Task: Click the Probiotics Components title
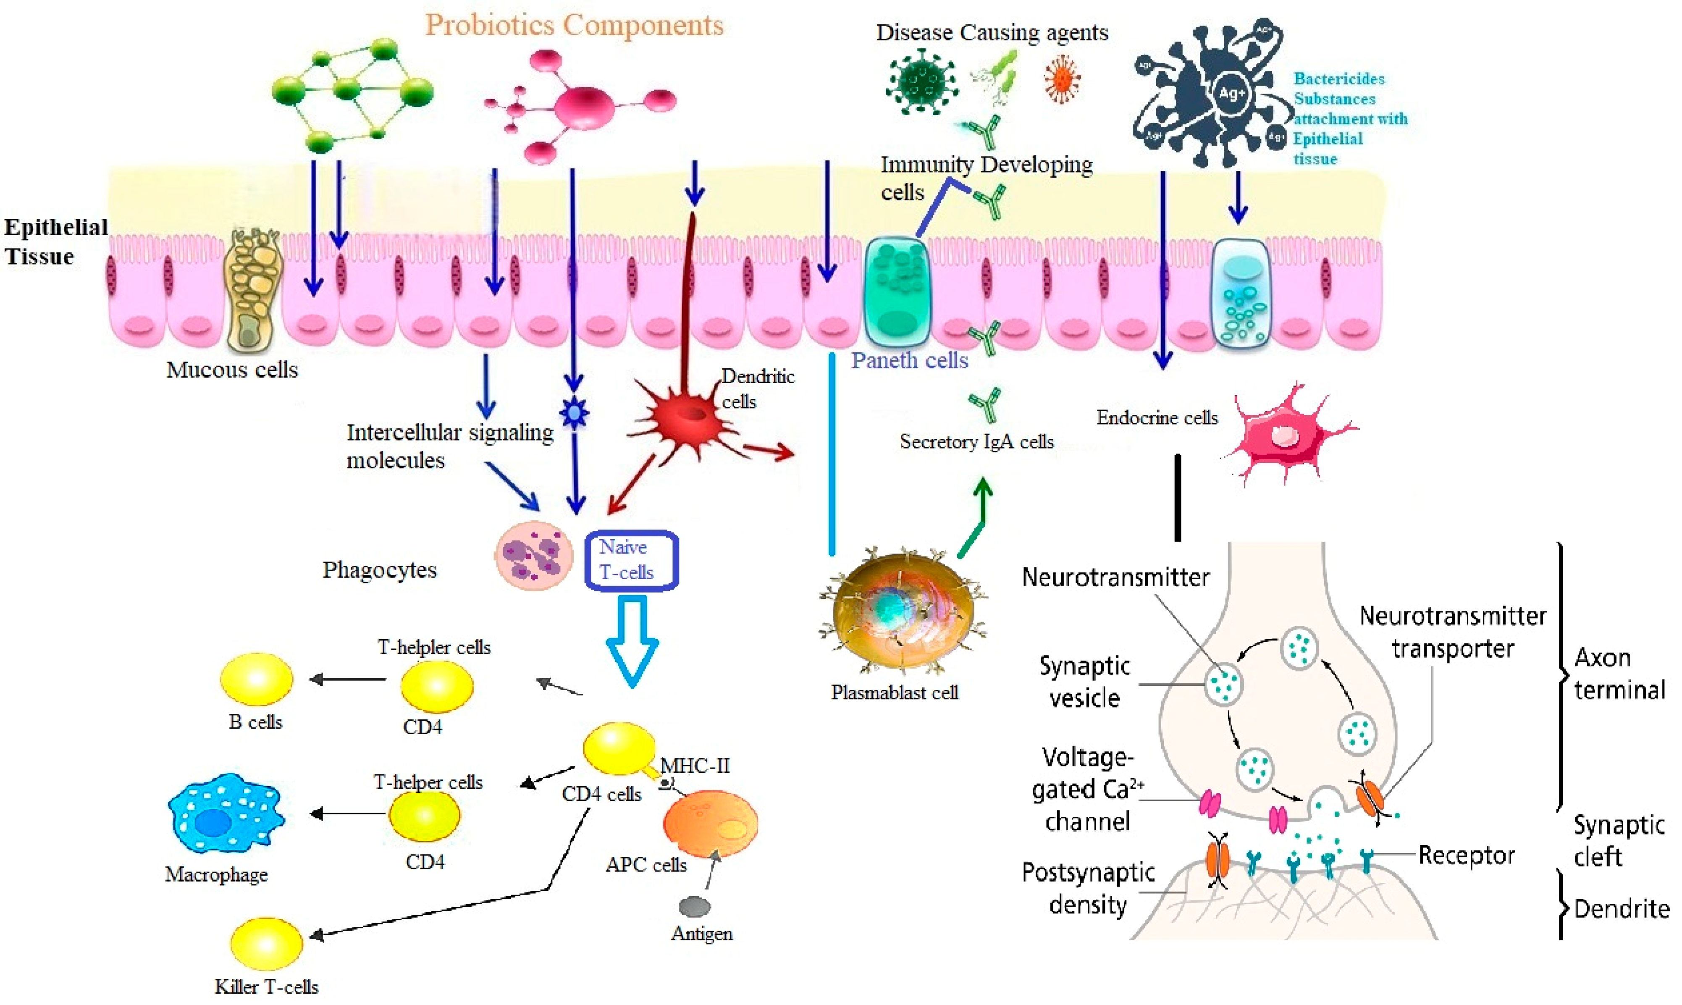coord(574,26)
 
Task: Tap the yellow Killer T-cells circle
coord(266,943)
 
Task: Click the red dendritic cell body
coord(687,417)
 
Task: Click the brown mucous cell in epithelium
coord(252,291)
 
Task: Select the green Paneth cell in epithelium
coord(898,291)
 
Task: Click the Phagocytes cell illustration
coord(534,555)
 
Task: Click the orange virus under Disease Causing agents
coord(1061,80)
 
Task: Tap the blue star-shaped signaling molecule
coord(574,412)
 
